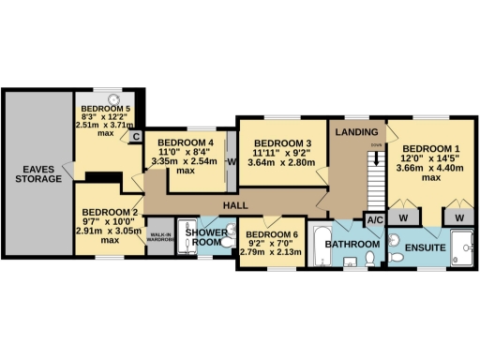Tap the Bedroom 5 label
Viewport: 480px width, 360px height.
104,110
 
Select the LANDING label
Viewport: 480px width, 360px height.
357,131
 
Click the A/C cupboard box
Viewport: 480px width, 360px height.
375,220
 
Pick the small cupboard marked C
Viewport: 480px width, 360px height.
136,136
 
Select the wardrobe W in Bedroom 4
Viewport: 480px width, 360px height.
231,159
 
